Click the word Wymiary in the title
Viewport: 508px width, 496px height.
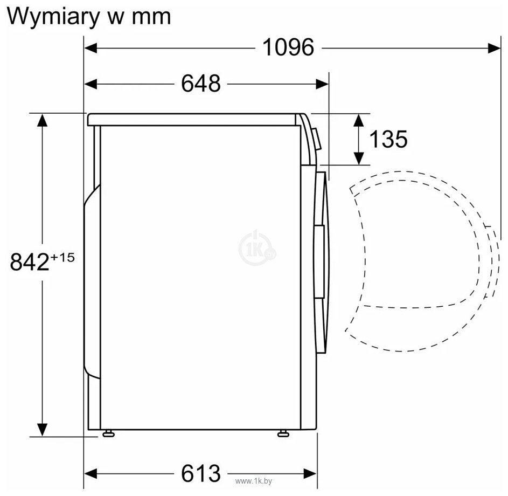(53, 17)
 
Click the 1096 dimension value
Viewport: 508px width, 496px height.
(288, 47)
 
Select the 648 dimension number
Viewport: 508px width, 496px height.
(201, 84)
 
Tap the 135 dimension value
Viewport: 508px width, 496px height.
(388, 139)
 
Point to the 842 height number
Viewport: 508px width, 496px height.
(30, 262)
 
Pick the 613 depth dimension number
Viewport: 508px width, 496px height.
(201, 473)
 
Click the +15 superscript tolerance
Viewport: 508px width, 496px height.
(62, 257)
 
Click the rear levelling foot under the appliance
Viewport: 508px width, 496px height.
(108, 433)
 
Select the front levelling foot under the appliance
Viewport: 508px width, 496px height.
(283, 433)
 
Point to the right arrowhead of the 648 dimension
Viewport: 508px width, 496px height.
(322, 84)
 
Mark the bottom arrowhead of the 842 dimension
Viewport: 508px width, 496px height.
(43, 430)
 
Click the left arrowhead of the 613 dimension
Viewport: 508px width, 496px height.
(91, 474)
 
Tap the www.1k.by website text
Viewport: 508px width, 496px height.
(254, 481)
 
